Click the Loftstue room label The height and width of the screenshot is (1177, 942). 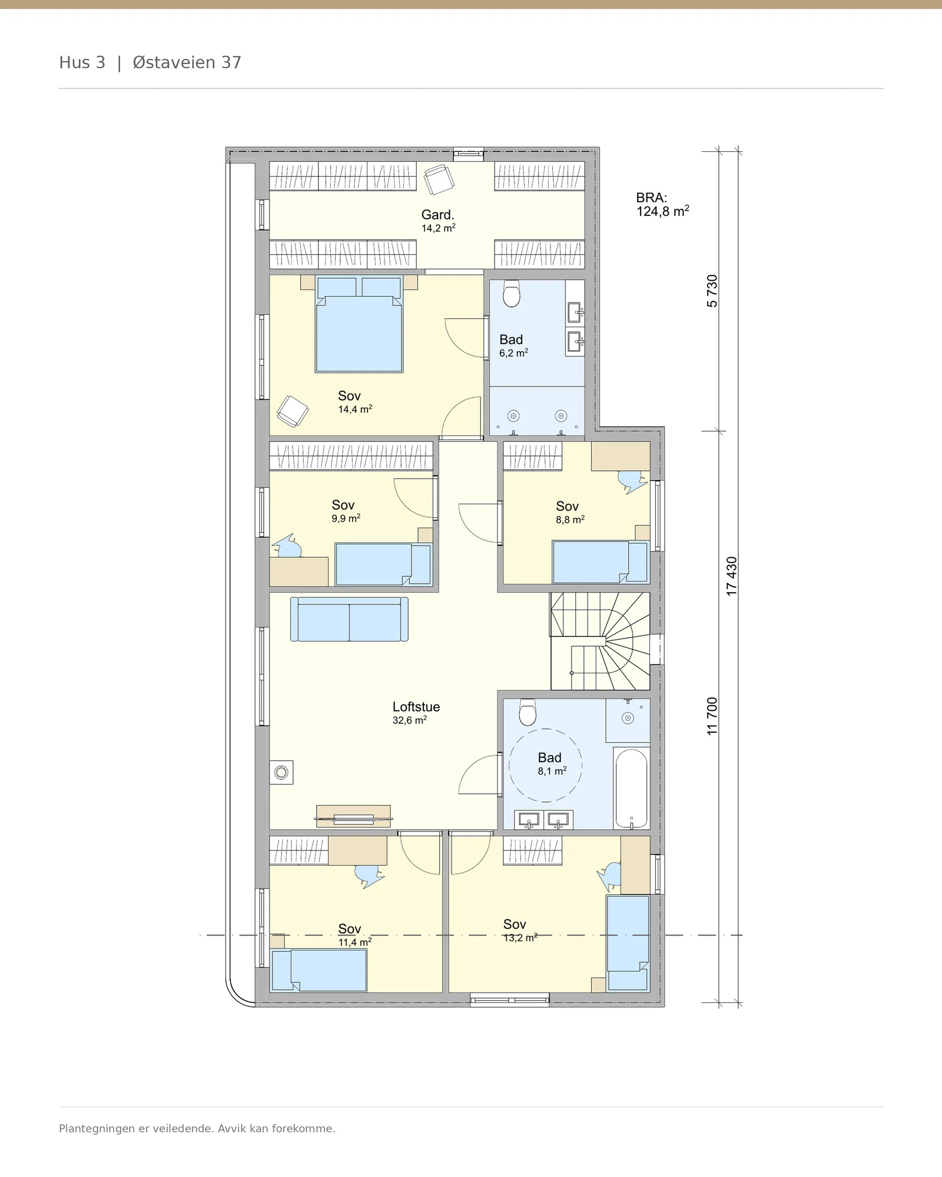[416, 707]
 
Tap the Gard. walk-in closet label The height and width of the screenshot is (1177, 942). [437, 215]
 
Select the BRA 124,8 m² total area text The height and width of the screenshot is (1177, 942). [662, 205]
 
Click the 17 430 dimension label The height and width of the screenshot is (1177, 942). [732, 576]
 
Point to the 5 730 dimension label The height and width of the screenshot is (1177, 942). [712, 291]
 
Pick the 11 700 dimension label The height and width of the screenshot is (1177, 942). [712, 716]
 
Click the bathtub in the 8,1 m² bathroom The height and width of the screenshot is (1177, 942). [631, 788]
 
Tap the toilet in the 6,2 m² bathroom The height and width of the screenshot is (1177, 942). [512, 293]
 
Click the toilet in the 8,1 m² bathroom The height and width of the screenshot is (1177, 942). [528, 712]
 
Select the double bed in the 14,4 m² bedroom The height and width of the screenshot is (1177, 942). [359, 325]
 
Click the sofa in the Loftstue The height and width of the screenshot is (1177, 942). [349, 619]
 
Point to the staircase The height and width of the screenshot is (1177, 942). [600, 641]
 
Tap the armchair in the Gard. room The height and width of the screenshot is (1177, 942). [439, 179]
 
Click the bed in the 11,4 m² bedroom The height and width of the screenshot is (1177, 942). [319, 970]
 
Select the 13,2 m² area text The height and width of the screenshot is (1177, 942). [520, 937]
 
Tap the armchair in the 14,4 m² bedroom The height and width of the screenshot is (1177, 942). [293, 411]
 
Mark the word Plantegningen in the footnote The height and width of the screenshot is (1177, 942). [97, 1129]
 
